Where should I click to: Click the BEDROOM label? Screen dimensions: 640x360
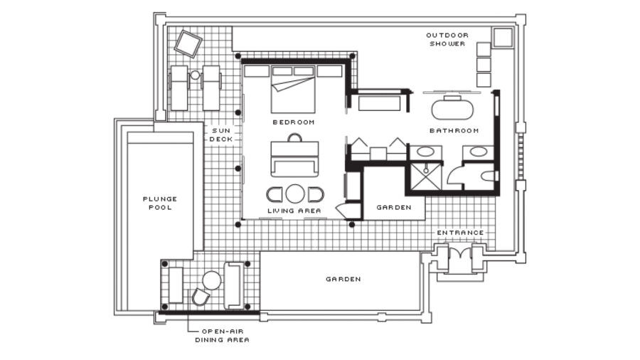click(294, 122)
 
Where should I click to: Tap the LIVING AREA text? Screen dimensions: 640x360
click(294, 211)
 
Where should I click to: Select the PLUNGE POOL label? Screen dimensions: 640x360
click(160, 203)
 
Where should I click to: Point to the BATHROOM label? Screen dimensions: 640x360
click(454, 131)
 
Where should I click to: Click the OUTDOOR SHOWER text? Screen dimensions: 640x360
click(447, 39)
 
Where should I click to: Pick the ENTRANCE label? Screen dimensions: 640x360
click(460, 233)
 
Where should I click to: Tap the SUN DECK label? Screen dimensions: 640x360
click(221, 134)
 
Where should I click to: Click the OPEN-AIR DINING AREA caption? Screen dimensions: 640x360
click(222, 336)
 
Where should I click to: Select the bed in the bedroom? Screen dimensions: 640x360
click(293, 90)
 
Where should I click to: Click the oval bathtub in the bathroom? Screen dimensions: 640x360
click(452, 108)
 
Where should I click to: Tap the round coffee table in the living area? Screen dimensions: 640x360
click(294, 194)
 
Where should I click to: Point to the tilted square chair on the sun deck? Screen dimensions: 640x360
click(188, 43)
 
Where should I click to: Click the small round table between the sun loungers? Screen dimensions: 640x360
click(195, 75)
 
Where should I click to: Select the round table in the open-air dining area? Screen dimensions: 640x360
click(212, 281)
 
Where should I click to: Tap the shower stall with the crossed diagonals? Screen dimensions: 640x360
click(425, 176)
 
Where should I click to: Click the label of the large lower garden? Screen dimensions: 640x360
click(343, 279)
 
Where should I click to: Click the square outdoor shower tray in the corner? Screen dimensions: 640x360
click(503, 38)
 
